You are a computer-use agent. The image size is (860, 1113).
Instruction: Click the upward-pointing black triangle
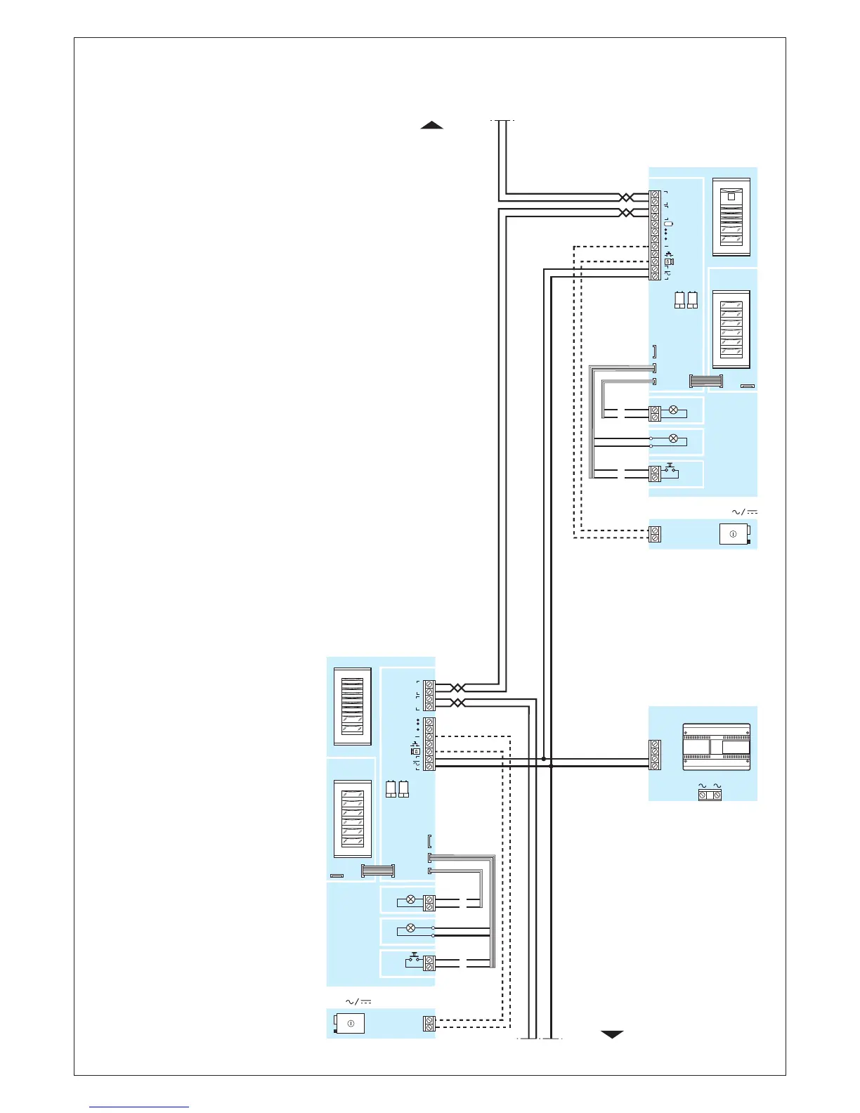click(x=431, y=125)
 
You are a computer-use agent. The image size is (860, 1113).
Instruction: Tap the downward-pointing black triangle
click(x=612, y=1034)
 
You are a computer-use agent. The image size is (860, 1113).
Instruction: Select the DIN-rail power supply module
click(x=716, y=747)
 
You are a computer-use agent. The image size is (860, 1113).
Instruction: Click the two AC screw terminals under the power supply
click(x=709, y=795)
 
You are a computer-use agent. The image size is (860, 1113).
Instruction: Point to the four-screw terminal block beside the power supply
click(x=655, y=755)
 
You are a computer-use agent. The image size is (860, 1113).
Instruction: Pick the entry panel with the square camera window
click(x=731, y=217)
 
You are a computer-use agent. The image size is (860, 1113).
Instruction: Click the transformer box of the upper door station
click(x=734, y=535)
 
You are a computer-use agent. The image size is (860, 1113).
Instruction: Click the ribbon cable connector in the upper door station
click(x=705, y=381)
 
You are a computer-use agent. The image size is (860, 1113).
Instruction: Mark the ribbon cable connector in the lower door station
click(x=377, y=871)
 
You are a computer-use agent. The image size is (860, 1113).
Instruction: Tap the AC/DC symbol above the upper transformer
click(x=744, y=512)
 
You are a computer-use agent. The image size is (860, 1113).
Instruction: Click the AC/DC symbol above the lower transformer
click(x=358, y=1001)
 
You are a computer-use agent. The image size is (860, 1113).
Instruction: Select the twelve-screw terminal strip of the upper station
click(x=655, y=235)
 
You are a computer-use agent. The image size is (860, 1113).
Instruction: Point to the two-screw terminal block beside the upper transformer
click(x=655, y=534)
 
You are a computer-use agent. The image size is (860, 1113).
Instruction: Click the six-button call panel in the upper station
click(x=731, y=328)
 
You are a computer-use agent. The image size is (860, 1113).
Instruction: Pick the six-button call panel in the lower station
click(x=352, y=819)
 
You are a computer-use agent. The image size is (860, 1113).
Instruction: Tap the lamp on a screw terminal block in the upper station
click(x=673, y=410)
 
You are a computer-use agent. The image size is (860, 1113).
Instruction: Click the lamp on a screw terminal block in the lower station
click(x=411, y=899)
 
